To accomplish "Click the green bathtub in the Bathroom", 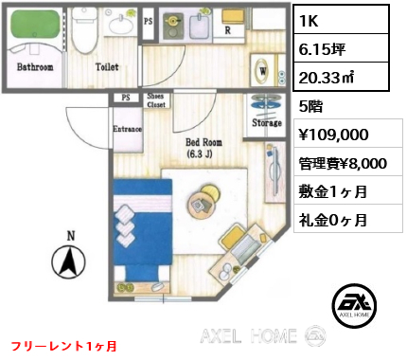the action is (x=35, y=26).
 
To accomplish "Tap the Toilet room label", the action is (x=107, y=66).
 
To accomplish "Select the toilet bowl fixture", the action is (x=83, y=31).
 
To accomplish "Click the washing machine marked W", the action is (x=263, y=70).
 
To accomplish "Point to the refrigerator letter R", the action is (x=227, y=30).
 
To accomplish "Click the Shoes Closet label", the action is (x=155, y=100).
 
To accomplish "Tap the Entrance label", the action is (x=127, y=129).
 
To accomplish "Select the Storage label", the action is (x=267, y=122).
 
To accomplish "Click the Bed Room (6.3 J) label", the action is (x=203, y=148).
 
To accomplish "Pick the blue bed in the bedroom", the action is (x=143, y=230).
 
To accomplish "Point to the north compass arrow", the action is (x=68, y=261).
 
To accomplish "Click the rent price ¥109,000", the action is (x=333, y=135).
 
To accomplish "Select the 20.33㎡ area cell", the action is (x=327, y=77).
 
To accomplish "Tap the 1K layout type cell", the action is (x=309, y=21).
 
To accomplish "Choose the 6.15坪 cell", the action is (x=322, y=49).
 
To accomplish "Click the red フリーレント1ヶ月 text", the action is (x=64, y=347).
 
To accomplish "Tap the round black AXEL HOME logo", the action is (x=354, y=305).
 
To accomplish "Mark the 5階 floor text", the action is (x=310, y=107).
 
